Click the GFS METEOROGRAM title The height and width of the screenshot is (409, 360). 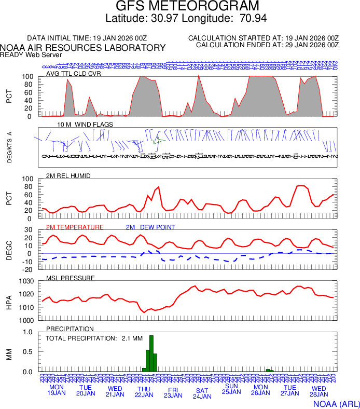click(x=187, y=6)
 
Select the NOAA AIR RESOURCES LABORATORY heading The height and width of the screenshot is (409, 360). click(x=83, y=48)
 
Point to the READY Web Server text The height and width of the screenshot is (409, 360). click(x=31, y=54)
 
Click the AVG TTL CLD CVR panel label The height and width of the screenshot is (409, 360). click(x=73, y=73)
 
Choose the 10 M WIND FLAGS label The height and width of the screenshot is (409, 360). click(x=85, y=125)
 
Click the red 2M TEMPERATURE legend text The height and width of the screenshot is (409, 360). click(x=75, y=227)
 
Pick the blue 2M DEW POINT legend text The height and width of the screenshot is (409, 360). click(x=150, y=227)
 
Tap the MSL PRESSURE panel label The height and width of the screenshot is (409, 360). click(x=71, y=278)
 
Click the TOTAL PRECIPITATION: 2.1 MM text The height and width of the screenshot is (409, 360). click(x=87, y=338)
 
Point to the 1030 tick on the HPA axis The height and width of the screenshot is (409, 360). click(x=27, y=282)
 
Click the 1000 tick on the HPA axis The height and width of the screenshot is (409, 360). click(x=27, y=320)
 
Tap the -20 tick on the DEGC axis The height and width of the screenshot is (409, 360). click(x=29, y=269)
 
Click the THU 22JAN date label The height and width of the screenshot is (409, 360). click(x=144, y=392)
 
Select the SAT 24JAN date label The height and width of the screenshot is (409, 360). click(x=202, y=393)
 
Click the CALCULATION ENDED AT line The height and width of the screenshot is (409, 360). click(x=267, y=45)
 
